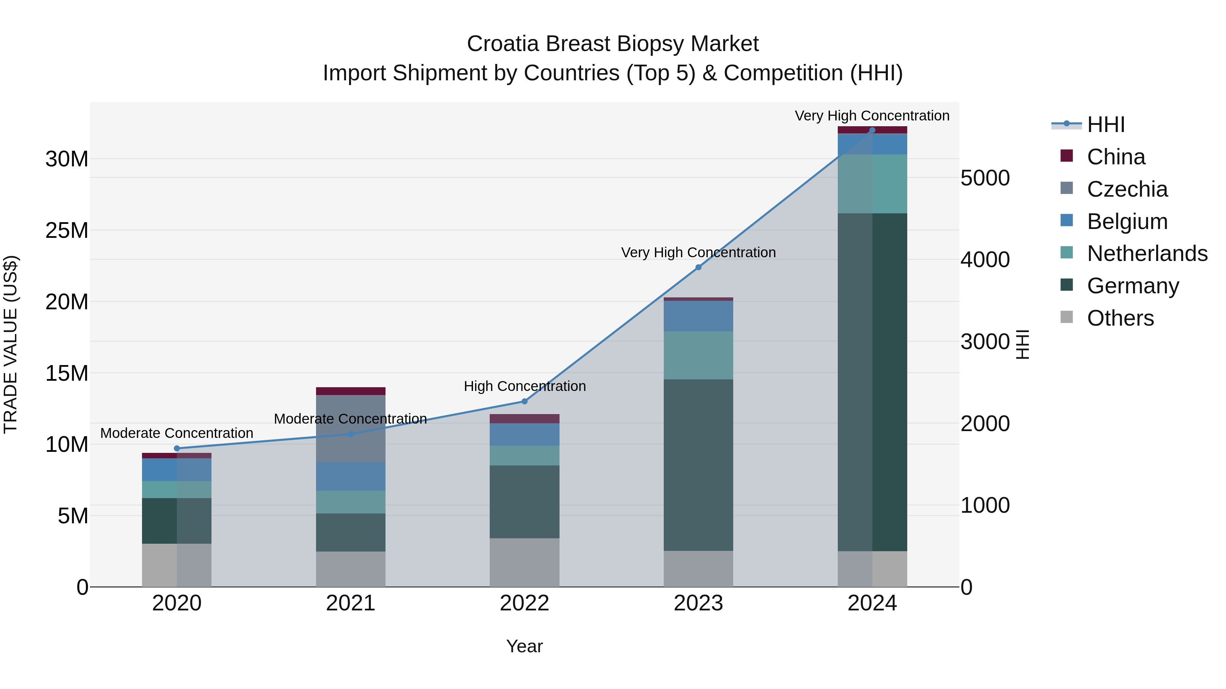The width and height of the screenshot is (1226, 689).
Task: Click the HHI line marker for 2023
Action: (x=698, y=267)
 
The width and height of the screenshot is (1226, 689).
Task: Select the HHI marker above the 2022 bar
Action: (x=524, y=401)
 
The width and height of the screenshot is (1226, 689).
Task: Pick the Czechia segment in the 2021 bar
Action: (x=350, y=428)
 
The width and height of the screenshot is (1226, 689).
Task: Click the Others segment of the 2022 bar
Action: (x=524, y=562)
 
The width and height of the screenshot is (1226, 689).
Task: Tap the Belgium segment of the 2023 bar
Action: (x=698, y=316)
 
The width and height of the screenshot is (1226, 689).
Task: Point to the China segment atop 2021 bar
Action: (x=350, y=391)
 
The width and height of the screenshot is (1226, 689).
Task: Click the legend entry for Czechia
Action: (x=1127, y=189)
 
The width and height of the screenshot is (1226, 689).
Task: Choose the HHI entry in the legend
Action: (x=1105, y=125)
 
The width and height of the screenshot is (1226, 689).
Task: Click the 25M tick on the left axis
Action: (x=67, y=231)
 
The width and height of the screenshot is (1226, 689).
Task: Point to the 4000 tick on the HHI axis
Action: (x=985, y=260)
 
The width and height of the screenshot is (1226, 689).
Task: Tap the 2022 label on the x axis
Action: (x=524, y=603)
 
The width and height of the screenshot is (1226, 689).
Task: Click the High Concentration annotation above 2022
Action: (x=524, y=386)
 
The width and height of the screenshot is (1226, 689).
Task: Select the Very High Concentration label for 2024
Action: (x=872, y=116)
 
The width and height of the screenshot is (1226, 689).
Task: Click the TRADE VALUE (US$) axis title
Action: (x=11, y=344)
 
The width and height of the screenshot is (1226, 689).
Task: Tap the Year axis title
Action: (x=524, y=646)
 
